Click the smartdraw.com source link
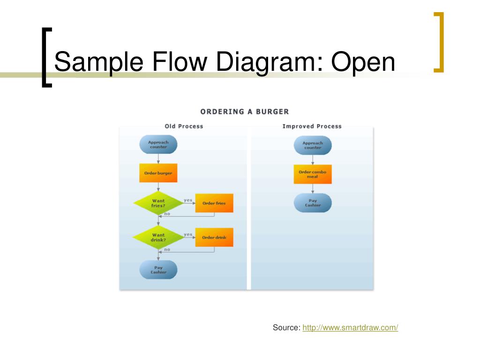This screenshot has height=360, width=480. pos(350,328)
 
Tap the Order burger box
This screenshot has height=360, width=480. pos(158,173)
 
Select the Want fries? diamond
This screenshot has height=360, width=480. pos(158,203)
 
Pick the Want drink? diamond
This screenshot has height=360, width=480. pos(158,237)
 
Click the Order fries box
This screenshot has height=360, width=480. pos(214,203)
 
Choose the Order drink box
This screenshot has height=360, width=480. pos(214,237)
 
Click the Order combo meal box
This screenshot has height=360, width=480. pos(313,174)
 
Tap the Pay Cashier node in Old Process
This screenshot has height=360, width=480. pos(158,270)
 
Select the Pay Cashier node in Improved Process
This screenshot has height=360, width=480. pos(313,203)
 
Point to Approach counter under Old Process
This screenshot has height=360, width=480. pos(158,144)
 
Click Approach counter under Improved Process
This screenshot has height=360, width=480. pos(313,145)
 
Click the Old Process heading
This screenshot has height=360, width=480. pos(184,126)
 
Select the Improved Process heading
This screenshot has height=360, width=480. pos(312,126)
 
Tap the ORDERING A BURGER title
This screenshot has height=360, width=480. pos(245,112)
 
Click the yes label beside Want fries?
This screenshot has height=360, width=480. pos(188,200)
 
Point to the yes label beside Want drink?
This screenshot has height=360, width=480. pos(188,234)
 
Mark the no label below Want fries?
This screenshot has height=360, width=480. pos(167,214)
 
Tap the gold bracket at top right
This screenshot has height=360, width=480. pos(439,42)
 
